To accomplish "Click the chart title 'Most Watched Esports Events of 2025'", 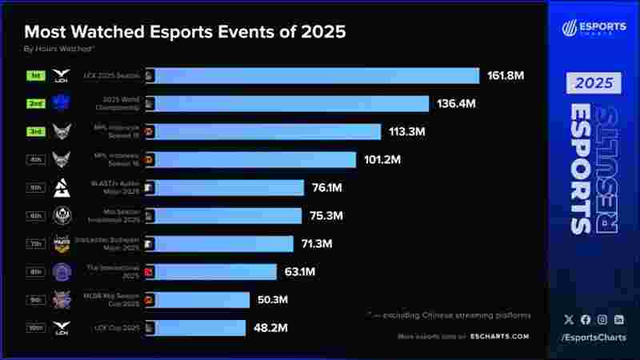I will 185,32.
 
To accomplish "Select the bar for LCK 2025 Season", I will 316,76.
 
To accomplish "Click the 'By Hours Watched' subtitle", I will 60,50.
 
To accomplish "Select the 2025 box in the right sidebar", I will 594,83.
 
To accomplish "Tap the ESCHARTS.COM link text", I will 499,337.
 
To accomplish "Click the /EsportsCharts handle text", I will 594,338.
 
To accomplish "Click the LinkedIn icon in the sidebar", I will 619,319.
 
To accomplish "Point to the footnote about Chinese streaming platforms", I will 450,314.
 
